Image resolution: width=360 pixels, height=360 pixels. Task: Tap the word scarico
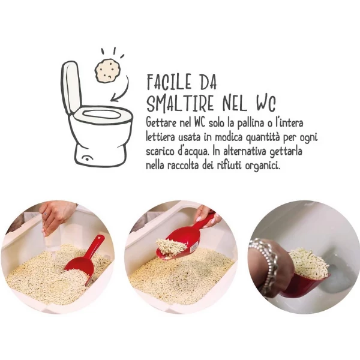(162, 151)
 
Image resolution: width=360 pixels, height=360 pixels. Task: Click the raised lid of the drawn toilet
(71, 86)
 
